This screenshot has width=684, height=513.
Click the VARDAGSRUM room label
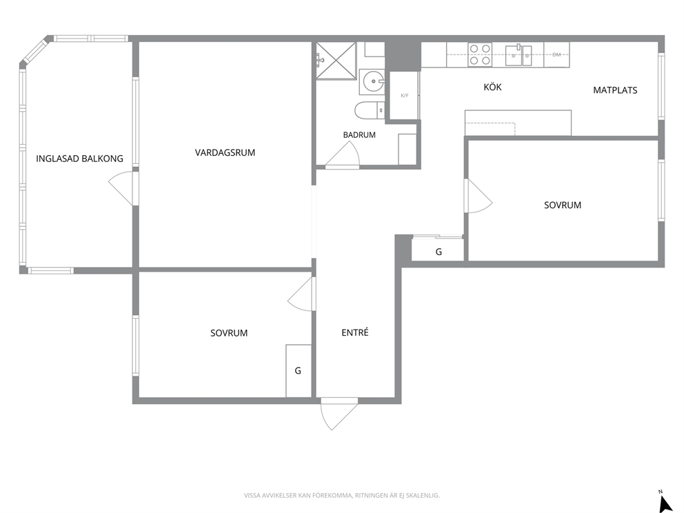[x=225, y=152]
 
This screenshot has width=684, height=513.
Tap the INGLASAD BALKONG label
[x=79, y=159]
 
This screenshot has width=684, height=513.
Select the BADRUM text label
[x=359, y=135]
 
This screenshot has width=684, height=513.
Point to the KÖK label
[x=492, y=87]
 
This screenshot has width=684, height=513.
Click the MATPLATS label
[x=615, y=90]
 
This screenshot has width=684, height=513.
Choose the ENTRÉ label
[x=355, y=332]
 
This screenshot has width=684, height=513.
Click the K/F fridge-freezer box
[x=404, y=96]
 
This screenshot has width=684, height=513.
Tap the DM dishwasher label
[x=556, y=54]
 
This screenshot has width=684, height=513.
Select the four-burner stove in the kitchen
[x=480, y=54]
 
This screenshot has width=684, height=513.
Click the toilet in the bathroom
[x=370, y=111]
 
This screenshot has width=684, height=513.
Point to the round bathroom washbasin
[x=374, y=81]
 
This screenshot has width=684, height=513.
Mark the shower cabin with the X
[x=336, y=61]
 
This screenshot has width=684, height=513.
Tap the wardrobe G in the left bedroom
[x=299, y=371]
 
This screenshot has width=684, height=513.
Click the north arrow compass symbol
[x=665, y=503]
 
